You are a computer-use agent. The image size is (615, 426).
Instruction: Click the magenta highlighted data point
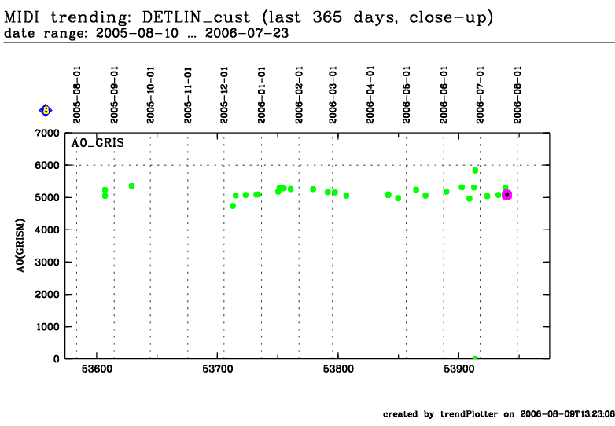507,194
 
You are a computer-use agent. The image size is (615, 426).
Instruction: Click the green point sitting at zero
475,358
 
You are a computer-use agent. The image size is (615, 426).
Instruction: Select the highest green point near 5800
475,171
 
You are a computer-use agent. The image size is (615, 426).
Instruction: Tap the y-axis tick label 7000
46,134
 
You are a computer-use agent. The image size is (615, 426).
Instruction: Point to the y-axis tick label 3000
46,263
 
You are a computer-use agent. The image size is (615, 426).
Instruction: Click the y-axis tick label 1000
46,327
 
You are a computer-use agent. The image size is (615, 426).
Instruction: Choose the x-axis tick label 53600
97,369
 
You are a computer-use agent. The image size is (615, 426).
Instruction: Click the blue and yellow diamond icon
46,111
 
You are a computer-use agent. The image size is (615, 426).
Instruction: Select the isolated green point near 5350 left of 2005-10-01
131,186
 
